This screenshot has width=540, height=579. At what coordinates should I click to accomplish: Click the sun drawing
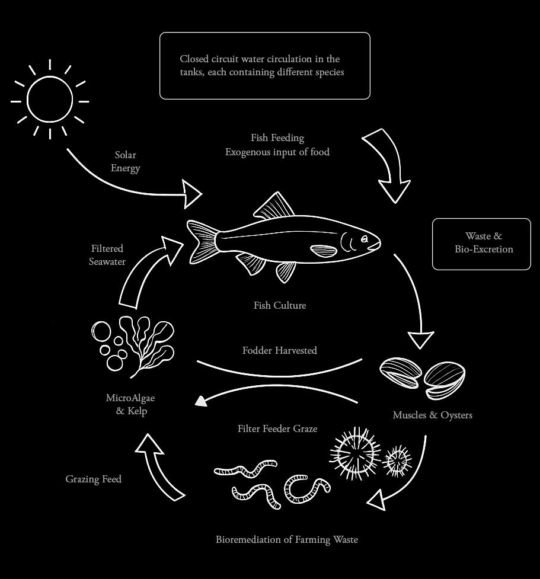coord(50,100)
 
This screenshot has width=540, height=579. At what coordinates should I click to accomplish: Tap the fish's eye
coord(365,239)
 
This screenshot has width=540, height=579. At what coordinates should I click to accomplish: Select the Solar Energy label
coord(126,161)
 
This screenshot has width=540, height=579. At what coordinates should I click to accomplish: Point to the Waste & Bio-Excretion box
coord(481,244)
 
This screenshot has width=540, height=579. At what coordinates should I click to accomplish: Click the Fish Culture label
coord(280,306)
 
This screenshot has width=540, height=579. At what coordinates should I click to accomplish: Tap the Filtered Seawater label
coord(107,255)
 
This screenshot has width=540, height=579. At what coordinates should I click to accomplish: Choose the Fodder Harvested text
coord(280,351)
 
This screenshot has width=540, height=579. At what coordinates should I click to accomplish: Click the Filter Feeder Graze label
coord(277,428)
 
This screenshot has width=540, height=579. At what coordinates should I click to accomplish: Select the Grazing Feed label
coord(94,479)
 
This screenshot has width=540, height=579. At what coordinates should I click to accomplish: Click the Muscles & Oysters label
coord(433,415)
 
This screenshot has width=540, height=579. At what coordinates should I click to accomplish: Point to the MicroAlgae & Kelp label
coord(130,404)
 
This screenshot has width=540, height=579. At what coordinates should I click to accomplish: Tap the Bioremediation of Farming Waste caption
coord(287,539)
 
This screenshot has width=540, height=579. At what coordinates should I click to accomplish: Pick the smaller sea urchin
coord(398,460)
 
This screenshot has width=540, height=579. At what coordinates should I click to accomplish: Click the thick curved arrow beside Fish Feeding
coord(388,163)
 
